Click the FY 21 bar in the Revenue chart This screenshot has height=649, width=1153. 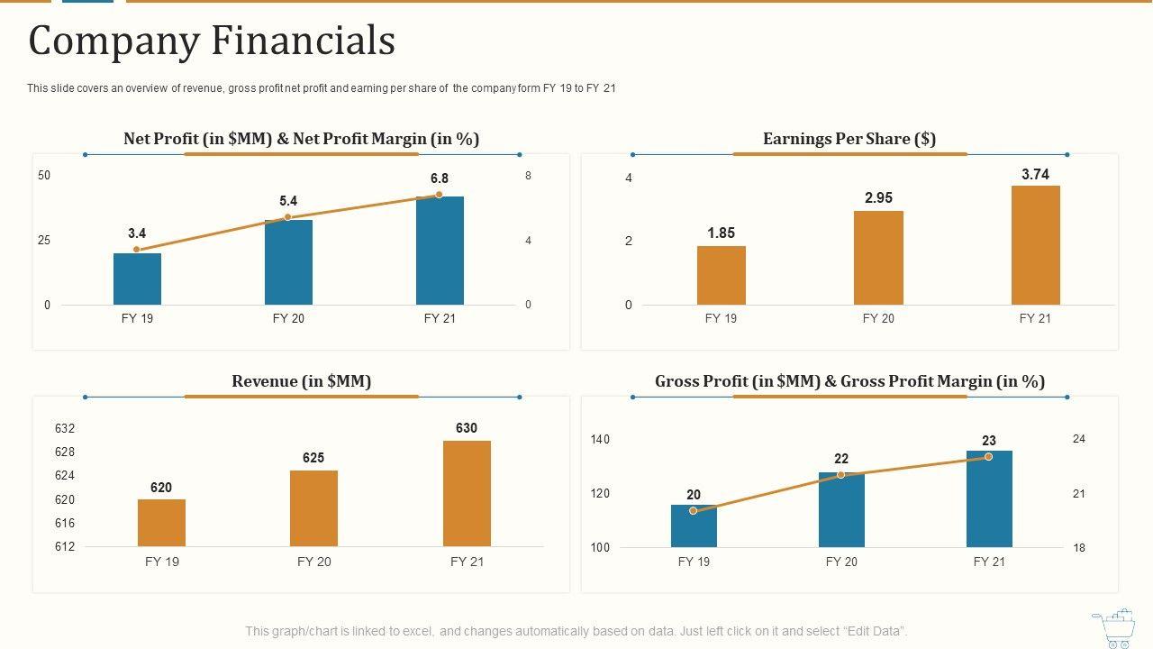(x=467, y=493)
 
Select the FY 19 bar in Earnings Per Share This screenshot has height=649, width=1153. (x=721, y=275)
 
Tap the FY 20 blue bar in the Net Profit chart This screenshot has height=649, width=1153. (x=288, y=262)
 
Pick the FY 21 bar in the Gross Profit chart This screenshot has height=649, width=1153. (x=989, y=498)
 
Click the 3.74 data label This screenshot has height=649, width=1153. (x=1035, y=175)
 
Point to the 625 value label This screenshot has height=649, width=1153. (x=313, y=458)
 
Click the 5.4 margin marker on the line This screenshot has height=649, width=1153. (x=287, y=217)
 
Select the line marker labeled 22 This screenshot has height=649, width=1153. (x=841, y=474)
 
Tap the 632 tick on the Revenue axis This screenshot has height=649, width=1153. (x=65, y=428)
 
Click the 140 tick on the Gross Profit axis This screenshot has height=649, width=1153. (x=600, y=440)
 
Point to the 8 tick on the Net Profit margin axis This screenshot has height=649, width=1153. (x=529, y=176)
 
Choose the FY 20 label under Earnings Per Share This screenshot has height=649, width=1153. (x=878, y=318)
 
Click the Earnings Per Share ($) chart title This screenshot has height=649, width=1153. (x=849, y=139)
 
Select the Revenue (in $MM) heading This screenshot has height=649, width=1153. (x=301, y=381)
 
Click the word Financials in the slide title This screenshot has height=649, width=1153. (x=304, y=41)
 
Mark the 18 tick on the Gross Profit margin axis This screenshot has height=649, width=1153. (x=1079, y=548)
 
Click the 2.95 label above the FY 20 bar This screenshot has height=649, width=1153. (x=878, y=198)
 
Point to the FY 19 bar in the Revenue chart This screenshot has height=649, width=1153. (x=161, y=523)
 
